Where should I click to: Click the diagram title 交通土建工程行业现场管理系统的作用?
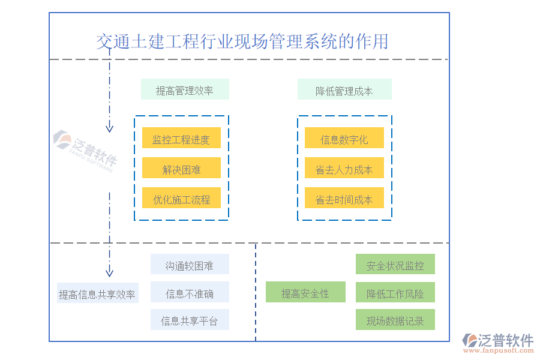point(242,41)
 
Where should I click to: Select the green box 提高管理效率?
point(185,90)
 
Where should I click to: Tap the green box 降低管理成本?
point(344,90)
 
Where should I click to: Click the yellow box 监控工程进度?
point(181,139)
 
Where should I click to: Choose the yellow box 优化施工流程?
point(181,199)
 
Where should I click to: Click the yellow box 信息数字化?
point(344,139)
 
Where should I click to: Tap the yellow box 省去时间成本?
point(344,199)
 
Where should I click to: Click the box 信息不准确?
point(190,293)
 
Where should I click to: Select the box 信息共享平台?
point(190,320)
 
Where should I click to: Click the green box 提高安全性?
point(305,293)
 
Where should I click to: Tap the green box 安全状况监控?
point(395,265)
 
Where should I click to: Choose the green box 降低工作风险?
point(395,293)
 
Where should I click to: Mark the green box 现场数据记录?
point(395,320)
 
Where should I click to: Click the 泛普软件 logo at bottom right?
point(499,343)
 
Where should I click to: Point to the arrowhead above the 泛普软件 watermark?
point(109,128)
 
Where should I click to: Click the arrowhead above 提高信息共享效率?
point(109,272)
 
